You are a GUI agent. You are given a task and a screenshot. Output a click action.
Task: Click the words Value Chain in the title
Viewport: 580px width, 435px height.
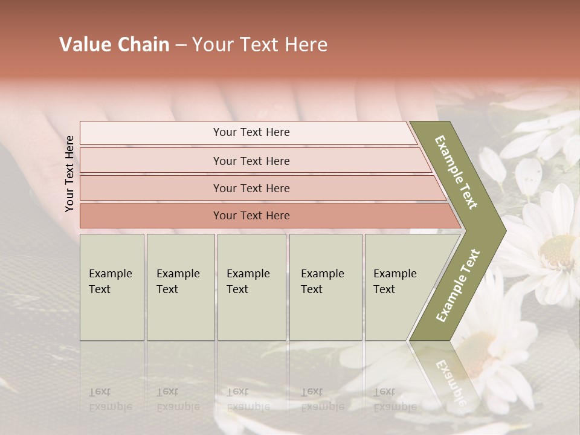pyautogui.click(x=114, y=45)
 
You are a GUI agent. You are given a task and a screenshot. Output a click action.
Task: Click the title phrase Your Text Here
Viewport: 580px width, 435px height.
pyautogui.click(x=260, y=45)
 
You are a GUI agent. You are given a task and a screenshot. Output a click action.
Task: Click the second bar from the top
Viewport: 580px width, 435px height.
pyautogui.click(x=251, y=161)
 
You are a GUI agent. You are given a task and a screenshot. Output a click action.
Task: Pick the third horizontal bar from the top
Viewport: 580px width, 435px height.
pyautogui.click(x=251, y=188)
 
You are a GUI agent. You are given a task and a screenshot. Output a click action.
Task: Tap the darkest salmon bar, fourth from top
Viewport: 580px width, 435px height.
pyautogui.click(x=251, y=216)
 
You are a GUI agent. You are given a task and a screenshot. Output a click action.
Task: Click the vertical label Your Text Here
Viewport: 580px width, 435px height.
pyautogui.click(x=69, y=173)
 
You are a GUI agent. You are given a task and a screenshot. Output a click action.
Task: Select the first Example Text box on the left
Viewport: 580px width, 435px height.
pyautogui.click(x=112, y=287)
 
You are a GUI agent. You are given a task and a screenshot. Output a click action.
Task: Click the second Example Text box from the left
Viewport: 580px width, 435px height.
pyautogui.click(x=180, y=287)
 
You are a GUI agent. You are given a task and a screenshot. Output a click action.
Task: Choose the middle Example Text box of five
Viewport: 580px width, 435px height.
pyautogui.click(x=251, y=287)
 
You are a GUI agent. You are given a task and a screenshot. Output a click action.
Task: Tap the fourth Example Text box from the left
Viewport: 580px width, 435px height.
pyautogui.click(x=325, y=287)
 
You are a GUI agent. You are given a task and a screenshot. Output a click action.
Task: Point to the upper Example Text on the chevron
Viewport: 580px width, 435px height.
pyautogui.click(x=457, y=173)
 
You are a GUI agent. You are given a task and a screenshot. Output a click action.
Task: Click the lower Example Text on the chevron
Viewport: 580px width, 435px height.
pyautogui.click(x=457, y=285)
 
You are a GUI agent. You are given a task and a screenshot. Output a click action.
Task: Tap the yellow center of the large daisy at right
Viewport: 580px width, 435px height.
pyautogui.click(x=556, y=251)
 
